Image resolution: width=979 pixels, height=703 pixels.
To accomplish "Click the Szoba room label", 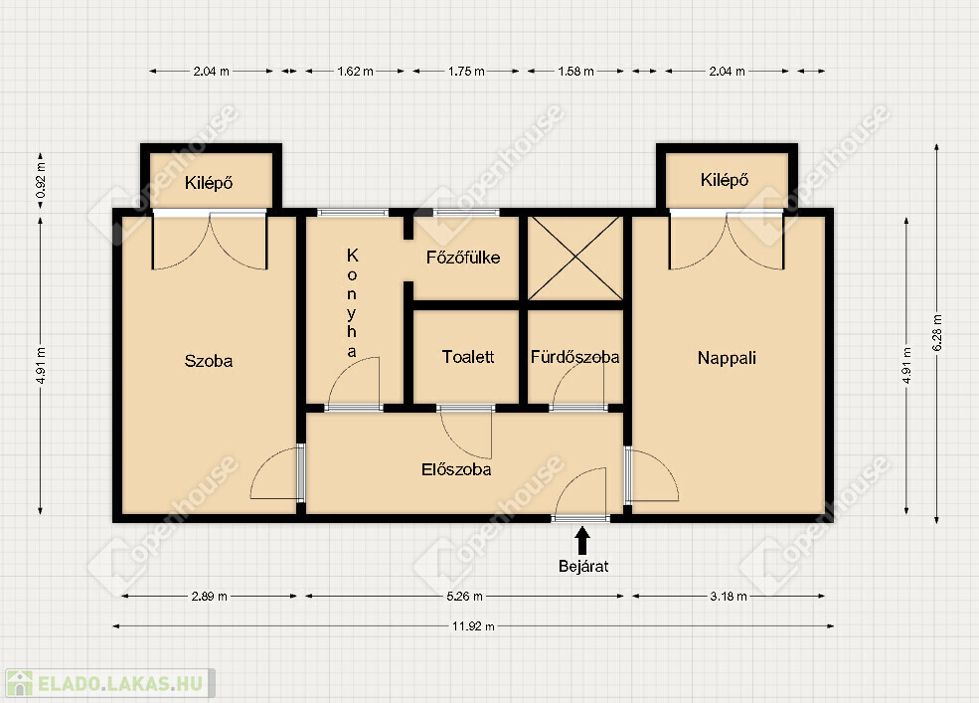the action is (209, 361).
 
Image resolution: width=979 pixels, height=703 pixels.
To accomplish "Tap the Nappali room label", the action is (727, 358).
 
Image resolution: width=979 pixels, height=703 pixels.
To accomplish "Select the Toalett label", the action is (468, 357).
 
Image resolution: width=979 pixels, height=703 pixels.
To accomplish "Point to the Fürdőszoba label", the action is (575, 357).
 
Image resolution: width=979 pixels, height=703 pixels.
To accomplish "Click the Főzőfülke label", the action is (463, 258).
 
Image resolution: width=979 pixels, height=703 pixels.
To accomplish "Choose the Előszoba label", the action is (456, 469).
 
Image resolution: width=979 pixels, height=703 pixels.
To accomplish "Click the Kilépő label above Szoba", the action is (209, 183).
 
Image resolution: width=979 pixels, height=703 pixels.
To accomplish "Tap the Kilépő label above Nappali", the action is (725, 180).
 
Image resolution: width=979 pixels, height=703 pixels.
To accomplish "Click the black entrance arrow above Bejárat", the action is (582, 541).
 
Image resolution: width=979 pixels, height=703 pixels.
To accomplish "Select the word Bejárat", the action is (583, 566).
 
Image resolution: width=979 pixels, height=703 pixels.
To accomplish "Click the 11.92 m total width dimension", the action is (473, 626).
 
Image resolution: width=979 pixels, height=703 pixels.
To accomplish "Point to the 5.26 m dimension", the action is (464, 597).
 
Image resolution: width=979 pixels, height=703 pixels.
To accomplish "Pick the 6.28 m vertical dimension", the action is (936, 333).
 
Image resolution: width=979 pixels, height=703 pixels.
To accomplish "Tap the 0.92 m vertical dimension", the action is (41, 181).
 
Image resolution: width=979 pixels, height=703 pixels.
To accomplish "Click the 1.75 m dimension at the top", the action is (466, 72).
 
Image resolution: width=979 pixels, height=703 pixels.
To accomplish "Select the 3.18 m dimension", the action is (729, 597).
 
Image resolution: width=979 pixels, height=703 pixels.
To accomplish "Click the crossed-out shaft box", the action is (575, 259).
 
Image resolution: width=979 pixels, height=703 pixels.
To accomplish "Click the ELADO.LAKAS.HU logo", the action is (110, 683).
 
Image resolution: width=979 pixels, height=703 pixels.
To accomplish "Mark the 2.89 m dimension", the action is (209, 597).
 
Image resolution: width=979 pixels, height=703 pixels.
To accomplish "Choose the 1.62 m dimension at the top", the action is (355, 72).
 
